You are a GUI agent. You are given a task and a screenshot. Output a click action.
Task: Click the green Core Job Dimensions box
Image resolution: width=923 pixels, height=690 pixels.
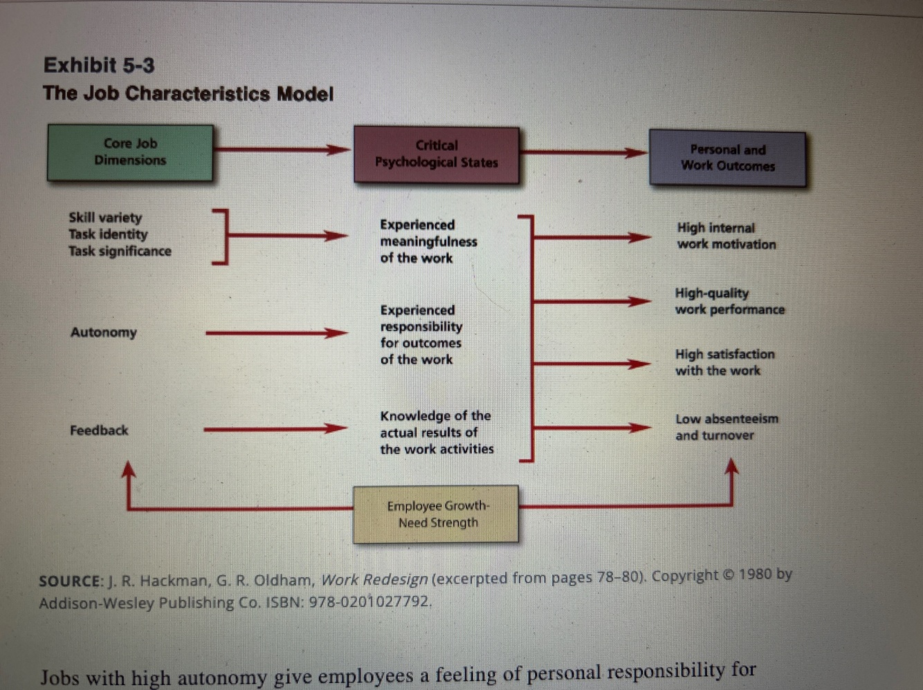(130, 153)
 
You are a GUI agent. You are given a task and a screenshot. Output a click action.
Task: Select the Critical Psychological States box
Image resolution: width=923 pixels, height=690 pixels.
(437, 155)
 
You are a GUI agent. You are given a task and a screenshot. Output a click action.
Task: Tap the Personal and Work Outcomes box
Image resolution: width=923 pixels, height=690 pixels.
(728, 158)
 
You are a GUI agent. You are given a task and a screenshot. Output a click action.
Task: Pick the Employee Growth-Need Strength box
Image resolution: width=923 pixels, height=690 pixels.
(436, 514)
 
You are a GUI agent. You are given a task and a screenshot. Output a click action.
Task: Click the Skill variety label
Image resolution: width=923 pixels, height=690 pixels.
(106, 218)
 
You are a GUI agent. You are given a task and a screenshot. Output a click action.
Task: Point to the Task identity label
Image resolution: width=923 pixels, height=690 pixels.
(108, 234)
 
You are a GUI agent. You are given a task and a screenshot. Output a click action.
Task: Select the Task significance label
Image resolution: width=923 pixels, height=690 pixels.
(120, 251)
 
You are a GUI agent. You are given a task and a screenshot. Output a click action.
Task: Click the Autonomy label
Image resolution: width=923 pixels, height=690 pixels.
(104, 333)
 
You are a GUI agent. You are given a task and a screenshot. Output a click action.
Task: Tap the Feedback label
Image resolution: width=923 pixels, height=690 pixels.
(99, 430)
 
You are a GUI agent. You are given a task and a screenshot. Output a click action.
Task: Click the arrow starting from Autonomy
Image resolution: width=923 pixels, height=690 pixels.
(277, 333)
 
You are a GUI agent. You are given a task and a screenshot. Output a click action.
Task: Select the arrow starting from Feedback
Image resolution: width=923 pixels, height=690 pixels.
(275, 429)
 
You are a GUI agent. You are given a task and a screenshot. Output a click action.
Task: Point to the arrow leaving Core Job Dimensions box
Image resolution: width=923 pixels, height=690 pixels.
(282, 149)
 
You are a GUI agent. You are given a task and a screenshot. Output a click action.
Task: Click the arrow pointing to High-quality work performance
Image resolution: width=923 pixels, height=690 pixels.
(592, 301)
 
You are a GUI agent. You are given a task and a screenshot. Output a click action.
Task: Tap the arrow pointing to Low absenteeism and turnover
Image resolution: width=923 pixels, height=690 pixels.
(592, 428)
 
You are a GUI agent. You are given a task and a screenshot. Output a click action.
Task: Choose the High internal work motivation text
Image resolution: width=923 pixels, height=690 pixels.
(726, 236)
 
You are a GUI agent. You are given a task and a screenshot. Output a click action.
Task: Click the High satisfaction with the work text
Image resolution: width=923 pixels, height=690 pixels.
(725, 362)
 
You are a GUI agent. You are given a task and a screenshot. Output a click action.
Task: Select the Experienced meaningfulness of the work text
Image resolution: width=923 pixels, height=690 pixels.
(428, 241)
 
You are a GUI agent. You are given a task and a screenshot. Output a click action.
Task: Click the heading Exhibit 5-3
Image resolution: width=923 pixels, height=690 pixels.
(99, 65)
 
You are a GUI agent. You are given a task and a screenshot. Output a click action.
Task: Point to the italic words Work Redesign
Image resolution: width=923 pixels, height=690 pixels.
(374, 579)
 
